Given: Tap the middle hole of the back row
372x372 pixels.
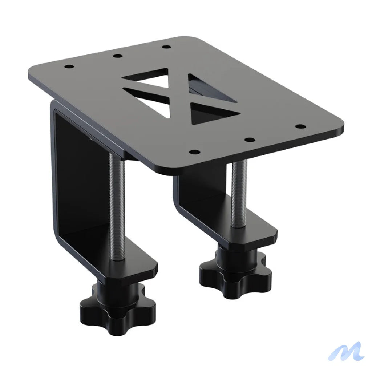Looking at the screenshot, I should click(x=117, y=56).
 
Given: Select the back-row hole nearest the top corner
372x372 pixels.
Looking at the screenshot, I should click(x=166, y=46).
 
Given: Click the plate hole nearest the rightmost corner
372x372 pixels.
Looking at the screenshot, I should click(x=300, y=126).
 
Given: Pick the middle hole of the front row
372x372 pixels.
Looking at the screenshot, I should click(x=248, y=139).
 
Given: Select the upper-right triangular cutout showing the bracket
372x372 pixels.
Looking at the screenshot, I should click(x=207, y=87).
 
